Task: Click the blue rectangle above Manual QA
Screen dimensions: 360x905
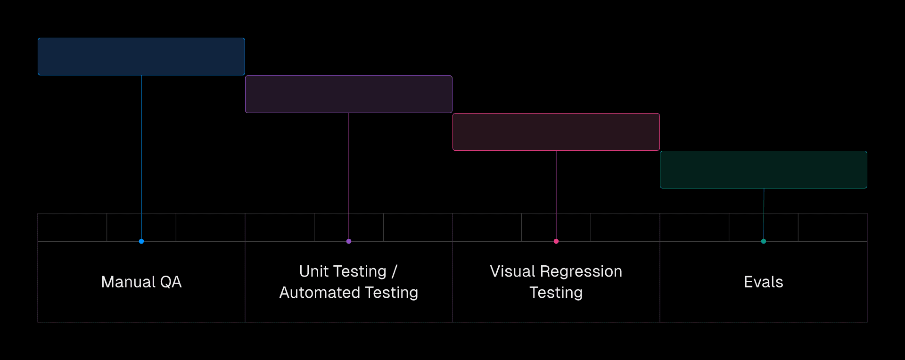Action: coord(141,57)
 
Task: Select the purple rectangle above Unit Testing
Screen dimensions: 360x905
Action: coord(349,94)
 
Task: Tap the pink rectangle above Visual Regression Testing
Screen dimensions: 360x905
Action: coord(556,132)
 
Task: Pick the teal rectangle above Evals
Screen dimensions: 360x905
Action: coord(764,170)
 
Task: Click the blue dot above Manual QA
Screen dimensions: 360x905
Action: coord(141,241)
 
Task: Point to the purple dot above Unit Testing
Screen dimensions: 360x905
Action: coord(349,241)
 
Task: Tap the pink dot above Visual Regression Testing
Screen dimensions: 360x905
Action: coord(556,241)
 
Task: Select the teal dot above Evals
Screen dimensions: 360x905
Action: coord(764,241)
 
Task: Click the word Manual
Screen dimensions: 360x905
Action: coord(128,282)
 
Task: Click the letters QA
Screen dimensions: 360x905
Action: coord(171,282)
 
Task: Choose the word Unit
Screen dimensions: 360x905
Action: coord(313,271)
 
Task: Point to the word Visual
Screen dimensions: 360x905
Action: coord(512,271)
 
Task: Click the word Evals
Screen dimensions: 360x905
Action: coord(764,282)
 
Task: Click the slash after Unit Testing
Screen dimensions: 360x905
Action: coord(395,271)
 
